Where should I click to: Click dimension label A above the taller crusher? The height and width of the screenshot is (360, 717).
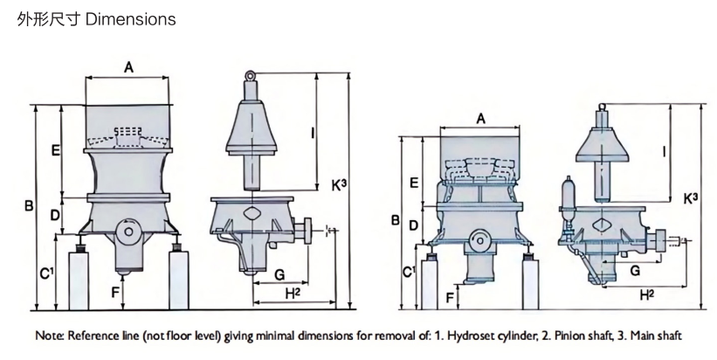128,68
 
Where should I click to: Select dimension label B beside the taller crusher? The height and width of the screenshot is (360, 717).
28,206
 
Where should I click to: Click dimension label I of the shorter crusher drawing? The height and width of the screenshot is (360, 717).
665,151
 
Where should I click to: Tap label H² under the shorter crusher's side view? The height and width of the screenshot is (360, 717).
647,295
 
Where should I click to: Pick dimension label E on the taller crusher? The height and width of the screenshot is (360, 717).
55,150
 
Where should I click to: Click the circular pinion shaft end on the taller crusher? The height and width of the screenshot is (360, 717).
129,232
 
